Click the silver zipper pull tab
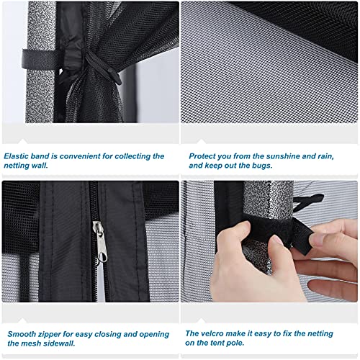click(102, 243)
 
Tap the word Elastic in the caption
click(16, 156)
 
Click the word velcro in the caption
click(212, 333)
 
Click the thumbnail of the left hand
click(276, 240)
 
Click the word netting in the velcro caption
click(320, 333)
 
